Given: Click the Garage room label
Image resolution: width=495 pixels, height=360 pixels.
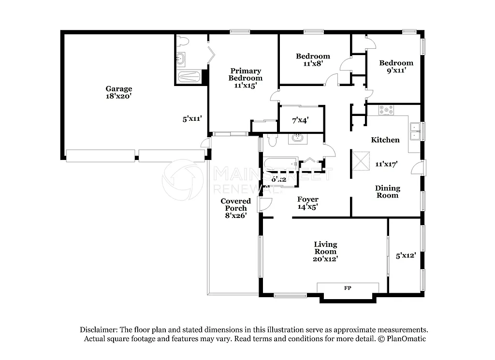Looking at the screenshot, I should [119, 89].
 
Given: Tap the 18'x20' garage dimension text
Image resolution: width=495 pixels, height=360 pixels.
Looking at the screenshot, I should [119, 96].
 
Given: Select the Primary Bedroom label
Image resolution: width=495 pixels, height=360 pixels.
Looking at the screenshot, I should [246, 74].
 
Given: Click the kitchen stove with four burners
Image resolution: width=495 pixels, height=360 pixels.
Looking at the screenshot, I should [386, 110].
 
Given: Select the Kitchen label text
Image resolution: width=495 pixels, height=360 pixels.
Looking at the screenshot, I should [385, 140].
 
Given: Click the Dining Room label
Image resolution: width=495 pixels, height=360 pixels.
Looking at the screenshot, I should [387, 192].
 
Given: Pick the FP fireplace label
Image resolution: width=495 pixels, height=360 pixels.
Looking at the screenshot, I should [347, 288].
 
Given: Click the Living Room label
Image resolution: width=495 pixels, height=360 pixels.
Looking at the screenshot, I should [325, 248].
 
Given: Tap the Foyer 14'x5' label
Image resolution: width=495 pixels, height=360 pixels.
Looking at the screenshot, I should [307, 203].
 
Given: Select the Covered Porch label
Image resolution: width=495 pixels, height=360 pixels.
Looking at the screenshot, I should [235, 205].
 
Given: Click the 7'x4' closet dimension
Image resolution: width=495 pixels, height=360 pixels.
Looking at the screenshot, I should [301, 120].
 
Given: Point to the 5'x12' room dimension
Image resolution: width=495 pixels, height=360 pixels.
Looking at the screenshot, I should [405, 255].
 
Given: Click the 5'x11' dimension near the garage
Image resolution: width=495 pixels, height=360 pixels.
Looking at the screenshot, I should [192, 118].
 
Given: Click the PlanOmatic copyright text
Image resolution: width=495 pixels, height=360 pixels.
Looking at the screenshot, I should [402, 339].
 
